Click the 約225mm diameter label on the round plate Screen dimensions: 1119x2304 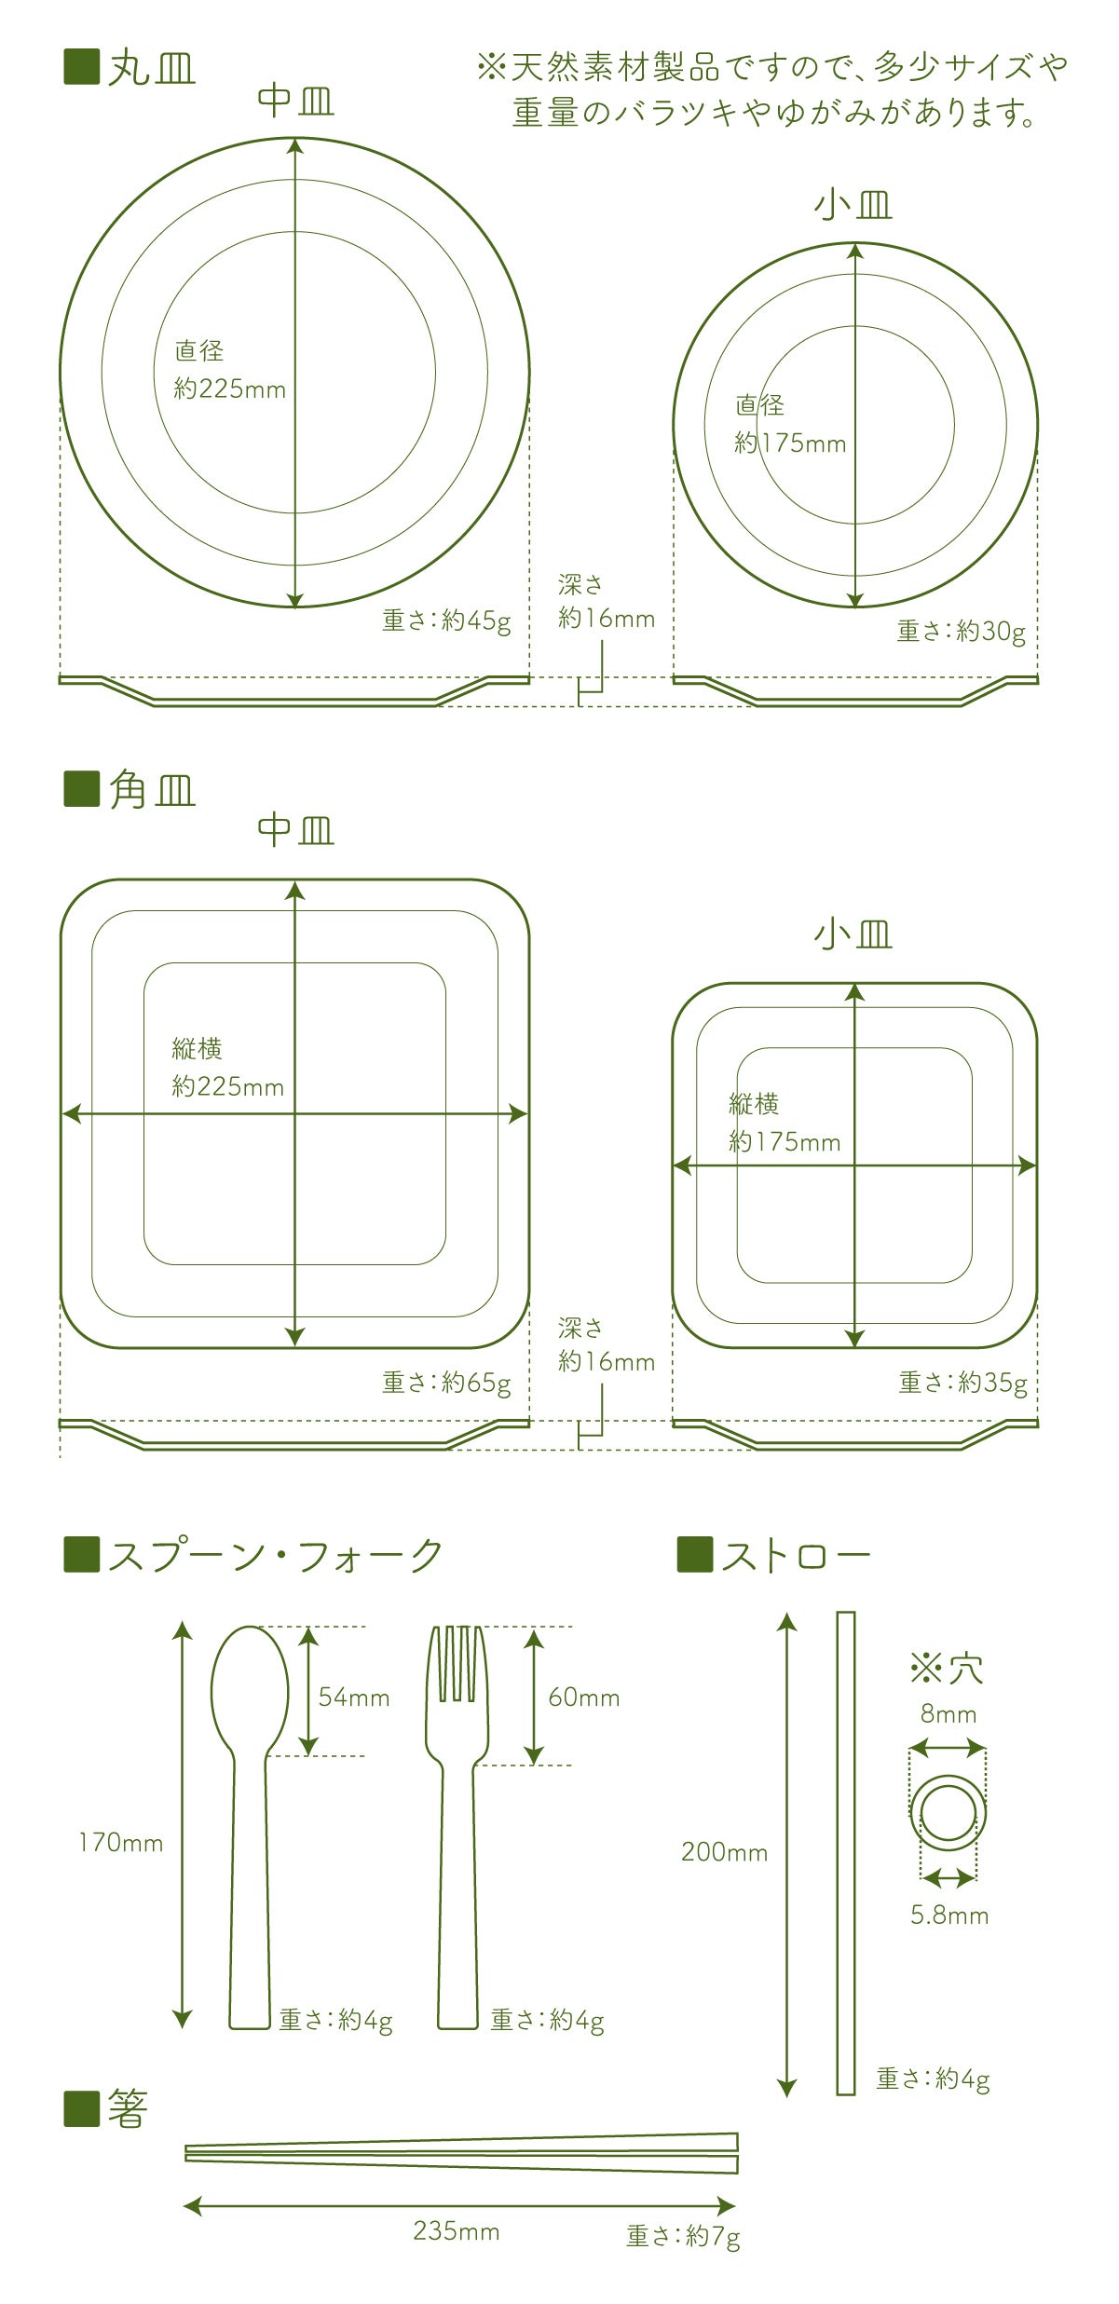pyautogui.click(x=230, y=389)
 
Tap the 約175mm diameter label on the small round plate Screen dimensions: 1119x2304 pyautogui.click(x=790, y=443)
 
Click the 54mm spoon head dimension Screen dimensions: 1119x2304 pyautogui.click(x=354, y=1697)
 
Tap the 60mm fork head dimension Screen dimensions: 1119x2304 pyautogui.click(x=584, y=1697)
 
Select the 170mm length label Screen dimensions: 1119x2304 pyautogui.click(x=121, y=1842)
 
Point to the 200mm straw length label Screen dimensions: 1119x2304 pyautogui.click(x=725, y=1851)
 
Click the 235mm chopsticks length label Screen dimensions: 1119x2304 pyautogui.click(x=457, y=2230)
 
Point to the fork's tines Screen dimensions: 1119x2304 pyautogui.click(x=457, y=1665)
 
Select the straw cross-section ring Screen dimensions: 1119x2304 pyautogui.click(x=948, y=1811)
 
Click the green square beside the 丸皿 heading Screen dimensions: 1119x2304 pyautogui.click(x=81, y=67)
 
